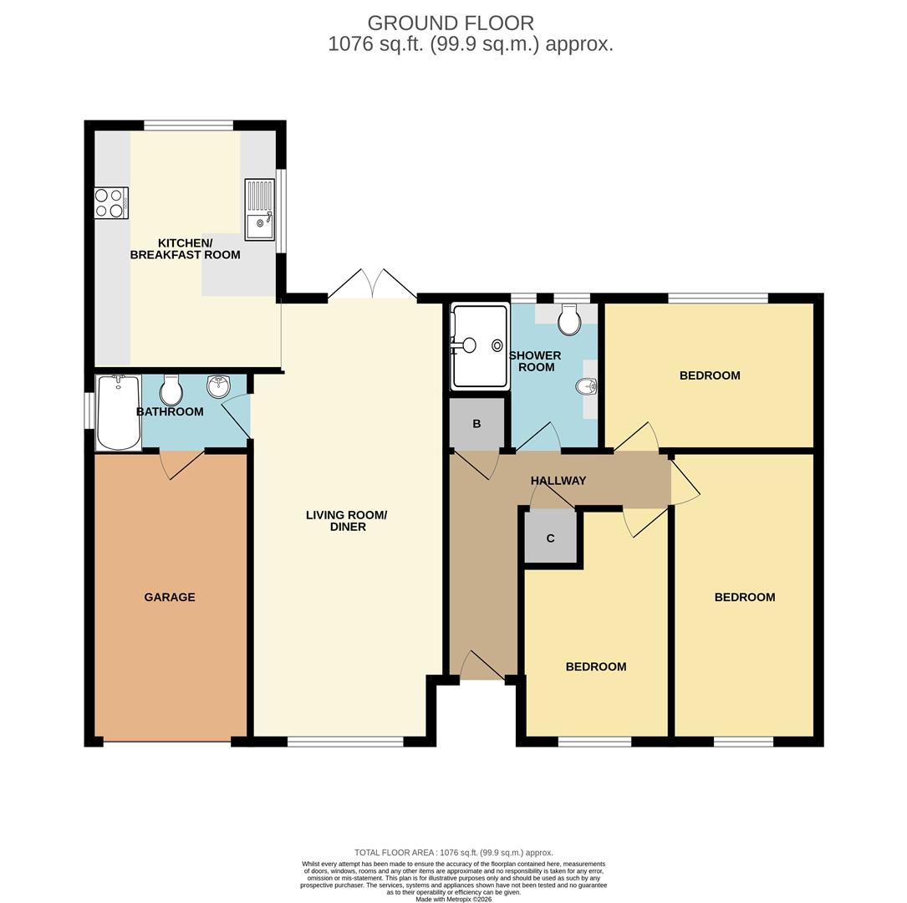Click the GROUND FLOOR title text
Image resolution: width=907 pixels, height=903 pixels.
tap(451, 23)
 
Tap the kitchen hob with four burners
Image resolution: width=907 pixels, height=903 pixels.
tap(111, 203)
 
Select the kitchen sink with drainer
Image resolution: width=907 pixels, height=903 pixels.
tap(259, 209)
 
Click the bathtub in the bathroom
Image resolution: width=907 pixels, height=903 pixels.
tap(118, 412)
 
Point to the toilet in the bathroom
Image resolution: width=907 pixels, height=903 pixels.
tap(171, 390)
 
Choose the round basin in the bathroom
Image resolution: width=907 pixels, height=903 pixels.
tap(219, 386)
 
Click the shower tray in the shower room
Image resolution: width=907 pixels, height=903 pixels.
tap(480, 345)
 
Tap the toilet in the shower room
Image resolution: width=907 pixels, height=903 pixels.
tap(569, 319)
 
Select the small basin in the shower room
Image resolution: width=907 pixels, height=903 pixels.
tap(587, 386)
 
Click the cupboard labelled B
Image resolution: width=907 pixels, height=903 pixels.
tap(476, 424)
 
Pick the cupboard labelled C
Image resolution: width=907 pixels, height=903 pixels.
tap(550, 538)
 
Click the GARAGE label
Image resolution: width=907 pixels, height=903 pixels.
tap(170, 597)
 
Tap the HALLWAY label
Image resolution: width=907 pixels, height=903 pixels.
tap(558, 481)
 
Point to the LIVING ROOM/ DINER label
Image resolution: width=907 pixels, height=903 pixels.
tap(347, 521)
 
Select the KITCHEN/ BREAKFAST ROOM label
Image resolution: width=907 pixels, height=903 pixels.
tap(186, 249)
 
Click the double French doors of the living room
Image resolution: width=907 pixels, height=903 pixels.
tap(372, 286)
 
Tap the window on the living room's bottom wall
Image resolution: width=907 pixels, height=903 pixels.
tap(345, 741)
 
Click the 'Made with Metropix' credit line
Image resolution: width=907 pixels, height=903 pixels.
tap(453, 899)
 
